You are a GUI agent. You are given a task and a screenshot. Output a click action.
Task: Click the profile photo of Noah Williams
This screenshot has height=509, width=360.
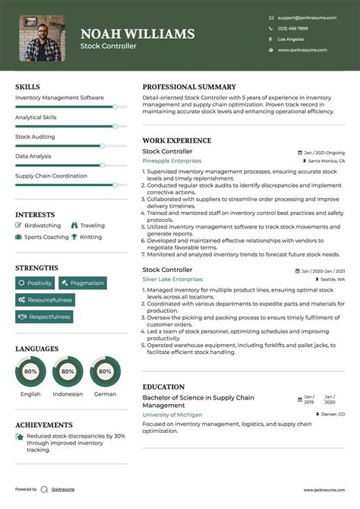42,38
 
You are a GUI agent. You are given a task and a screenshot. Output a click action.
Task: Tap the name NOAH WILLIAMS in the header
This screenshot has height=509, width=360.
137,34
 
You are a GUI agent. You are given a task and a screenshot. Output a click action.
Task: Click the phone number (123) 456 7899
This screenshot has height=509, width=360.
293,28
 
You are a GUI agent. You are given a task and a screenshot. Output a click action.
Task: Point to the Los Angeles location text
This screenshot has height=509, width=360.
291,39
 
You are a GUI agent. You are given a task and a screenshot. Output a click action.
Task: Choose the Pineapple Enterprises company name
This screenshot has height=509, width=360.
172,161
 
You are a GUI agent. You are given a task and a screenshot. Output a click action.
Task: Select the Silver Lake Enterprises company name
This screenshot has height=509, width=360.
172,280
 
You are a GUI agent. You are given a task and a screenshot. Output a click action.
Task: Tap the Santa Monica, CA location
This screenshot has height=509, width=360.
327,161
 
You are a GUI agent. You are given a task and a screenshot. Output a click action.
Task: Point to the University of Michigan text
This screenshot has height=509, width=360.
172,415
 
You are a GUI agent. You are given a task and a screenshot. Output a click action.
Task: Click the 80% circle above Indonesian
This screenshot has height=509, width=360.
68,372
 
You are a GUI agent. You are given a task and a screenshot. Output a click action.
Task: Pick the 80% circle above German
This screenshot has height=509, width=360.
105,372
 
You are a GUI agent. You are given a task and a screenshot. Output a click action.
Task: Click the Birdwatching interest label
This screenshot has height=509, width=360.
43,226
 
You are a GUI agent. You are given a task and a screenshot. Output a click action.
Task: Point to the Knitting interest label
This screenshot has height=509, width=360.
90,237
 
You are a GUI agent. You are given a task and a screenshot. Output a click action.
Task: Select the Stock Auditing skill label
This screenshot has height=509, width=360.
35,137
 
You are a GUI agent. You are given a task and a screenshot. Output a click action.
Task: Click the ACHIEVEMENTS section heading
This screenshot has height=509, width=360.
44,425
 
